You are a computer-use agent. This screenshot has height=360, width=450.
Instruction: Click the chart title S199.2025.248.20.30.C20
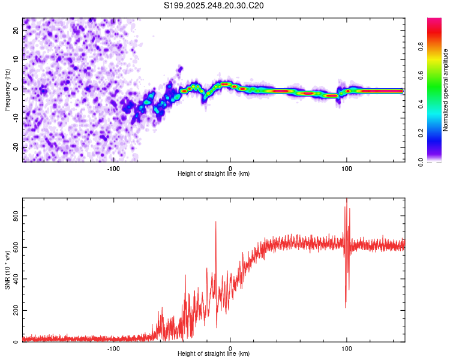coord(214,5)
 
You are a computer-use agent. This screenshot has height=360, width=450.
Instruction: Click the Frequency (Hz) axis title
coord(7,89)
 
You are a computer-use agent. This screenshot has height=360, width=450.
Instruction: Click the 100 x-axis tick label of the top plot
coord(346,169)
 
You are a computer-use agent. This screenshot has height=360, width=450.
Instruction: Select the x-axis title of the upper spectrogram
coord(214,174)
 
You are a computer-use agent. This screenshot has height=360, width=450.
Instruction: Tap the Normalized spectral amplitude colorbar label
coord(445,89)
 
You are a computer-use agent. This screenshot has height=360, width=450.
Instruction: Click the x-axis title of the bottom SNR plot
coord(214,354)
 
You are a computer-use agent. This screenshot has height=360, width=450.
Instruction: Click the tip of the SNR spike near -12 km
coord(216,222)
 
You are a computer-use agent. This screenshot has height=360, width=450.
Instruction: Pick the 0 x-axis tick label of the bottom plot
coord(230,349)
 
